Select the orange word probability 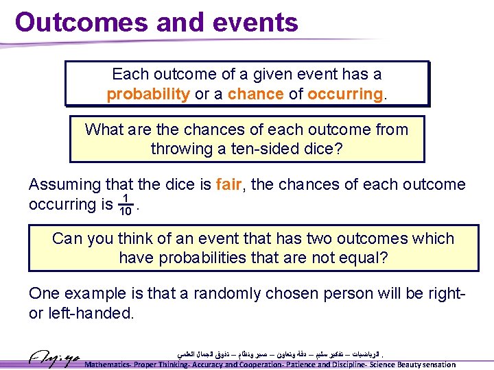point(148,94)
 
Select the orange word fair point(228,185)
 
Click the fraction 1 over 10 point(125,205)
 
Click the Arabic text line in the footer point(278,354)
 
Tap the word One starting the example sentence point(45,293)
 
